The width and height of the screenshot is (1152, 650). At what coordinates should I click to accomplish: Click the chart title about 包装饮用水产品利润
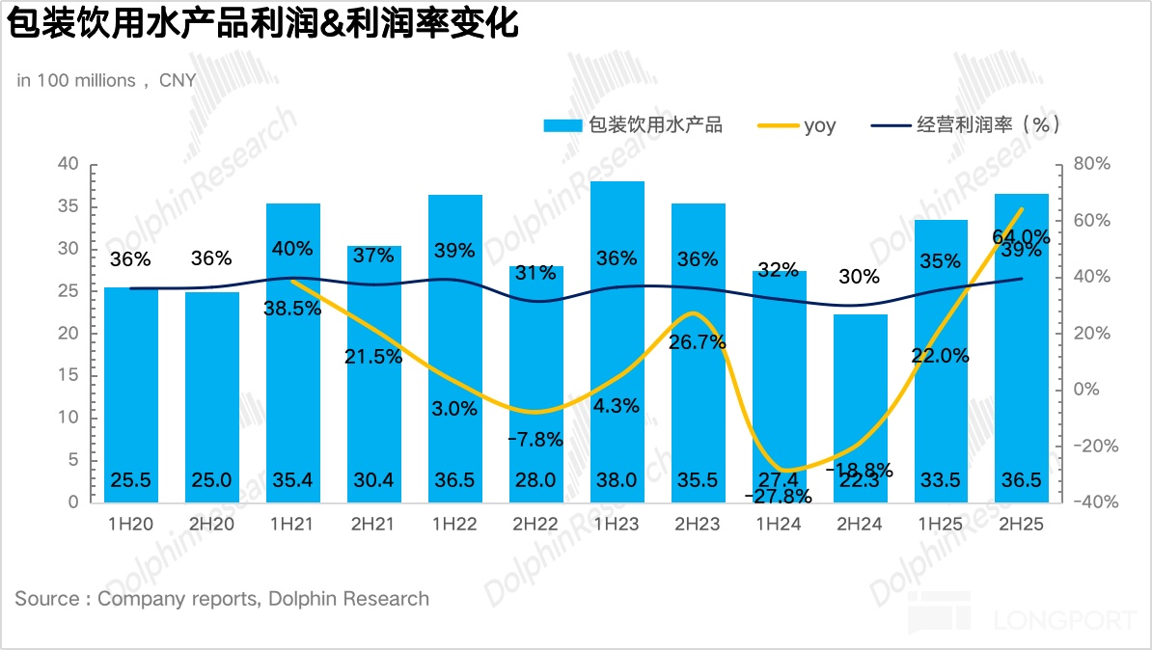pos(263,24)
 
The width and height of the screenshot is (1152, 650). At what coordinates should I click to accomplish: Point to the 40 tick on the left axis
pos(68,164)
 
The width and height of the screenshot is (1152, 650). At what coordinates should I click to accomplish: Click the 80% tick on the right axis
pos(1092,164)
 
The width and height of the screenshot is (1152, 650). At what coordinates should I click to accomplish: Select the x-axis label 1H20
pos(130,525)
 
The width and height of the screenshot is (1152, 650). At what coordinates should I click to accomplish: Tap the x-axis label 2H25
pos(1022,525)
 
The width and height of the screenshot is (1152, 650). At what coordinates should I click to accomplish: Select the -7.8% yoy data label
pos(535,440)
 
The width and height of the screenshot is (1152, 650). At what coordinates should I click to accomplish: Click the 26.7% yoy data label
pos(698,342)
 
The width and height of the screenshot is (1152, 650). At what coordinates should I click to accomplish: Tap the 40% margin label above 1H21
pos(292,249)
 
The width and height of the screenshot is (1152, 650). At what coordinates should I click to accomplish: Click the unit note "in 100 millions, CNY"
pos(106,81)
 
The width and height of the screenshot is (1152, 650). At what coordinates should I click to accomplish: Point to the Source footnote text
pos(222,599)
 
